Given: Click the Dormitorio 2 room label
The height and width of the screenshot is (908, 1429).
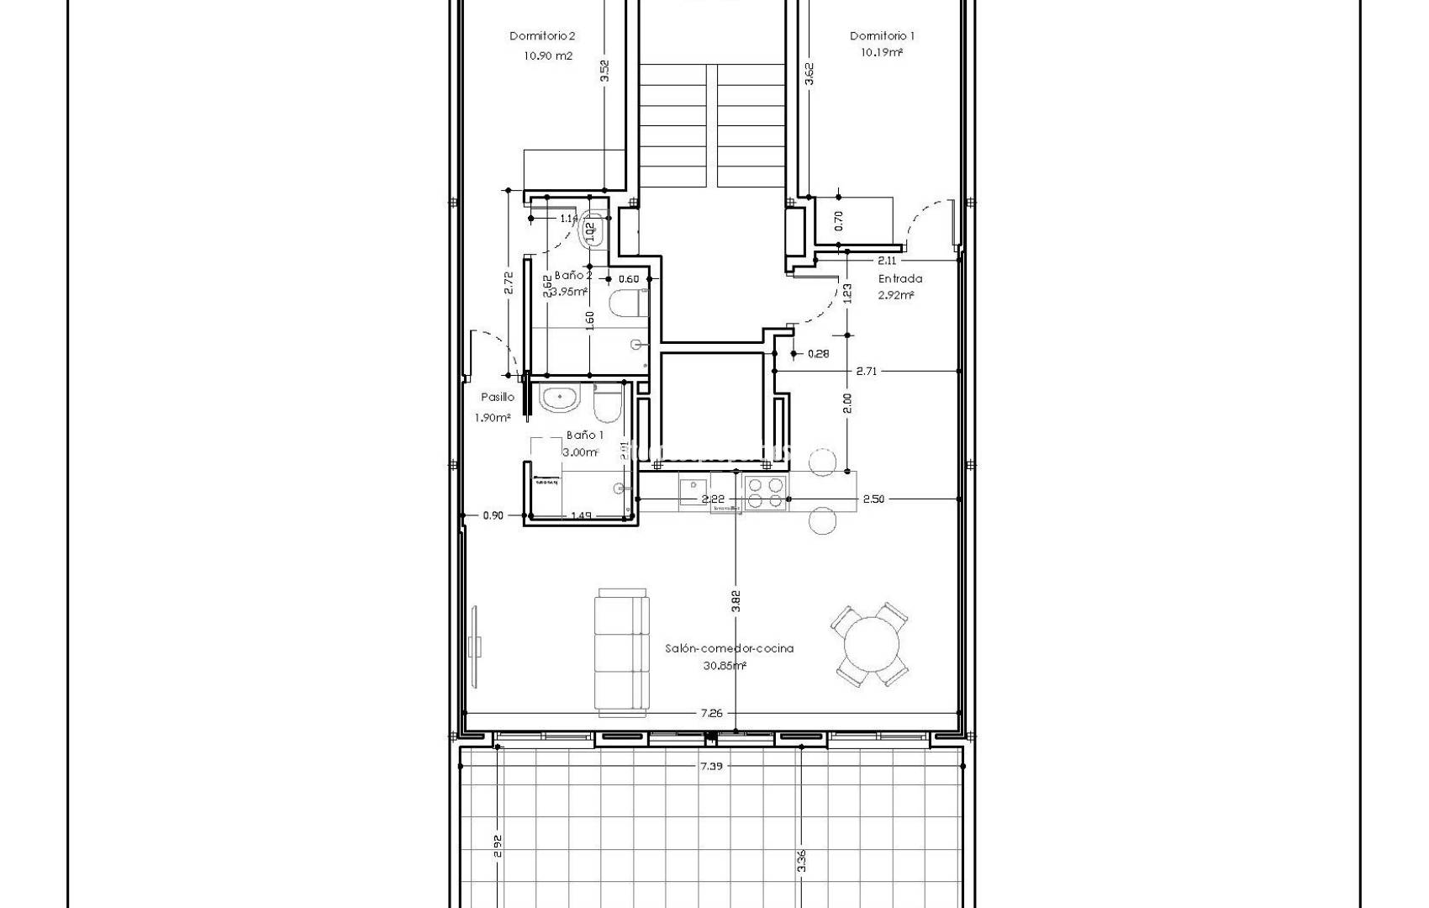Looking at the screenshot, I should click(x=542, y=36).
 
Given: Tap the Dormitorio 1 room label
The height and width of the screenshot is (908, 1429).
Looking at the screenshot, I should click(x=882, y=36).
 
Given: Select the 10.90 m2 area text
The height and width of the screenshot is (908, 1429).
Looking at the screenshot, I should click(x=547, y=56).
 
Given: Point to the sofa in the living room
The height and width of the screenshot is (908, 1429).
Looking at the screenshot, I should click(x=623, y=653).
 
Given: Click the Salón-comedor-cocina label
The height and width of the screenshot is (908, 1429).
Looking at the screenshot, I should click(x=729, y=648).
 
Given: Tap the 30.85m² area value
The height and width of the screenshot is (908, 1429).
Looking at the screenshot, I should click(x=725, y=666).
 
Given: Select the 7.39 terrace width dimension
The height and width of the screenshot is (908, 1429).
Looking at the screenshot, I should click(x=711, y=766).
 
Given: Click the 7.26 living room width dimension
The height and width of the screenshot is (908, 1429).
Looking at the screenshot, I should click(x=711, y=714).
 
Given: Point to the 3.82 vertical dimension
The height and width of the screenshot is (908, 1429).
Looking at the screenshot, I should click(x=736, y=600).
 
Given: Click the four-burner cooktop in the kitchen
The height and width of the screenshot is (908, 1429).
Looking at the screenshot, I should click(x=765, y=493).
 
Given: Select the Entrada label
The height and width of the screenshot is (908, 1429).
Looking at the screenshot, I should click(x=900, y=279).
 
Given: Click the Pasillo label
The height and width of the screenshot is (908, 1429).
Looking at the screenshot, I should click(x=498, y=398).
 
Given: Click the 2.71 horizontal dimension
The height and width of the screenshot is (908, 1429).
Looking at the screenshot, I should click(x=867, y=371).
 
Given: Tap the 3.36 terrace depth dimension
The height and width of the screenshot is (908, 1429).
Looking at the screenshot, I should click(x=802, y=862).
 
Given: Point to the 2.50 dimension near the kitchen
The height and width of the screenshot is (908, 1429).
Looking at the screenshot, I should click(x=873, y=499).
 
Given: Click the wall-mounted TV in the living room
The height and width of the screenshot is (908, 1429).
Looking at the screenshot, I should click(x=477, y=646).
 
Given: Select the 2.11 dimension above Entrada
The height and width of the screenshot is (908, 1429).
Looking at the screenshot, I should click(x=887, y=261).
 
